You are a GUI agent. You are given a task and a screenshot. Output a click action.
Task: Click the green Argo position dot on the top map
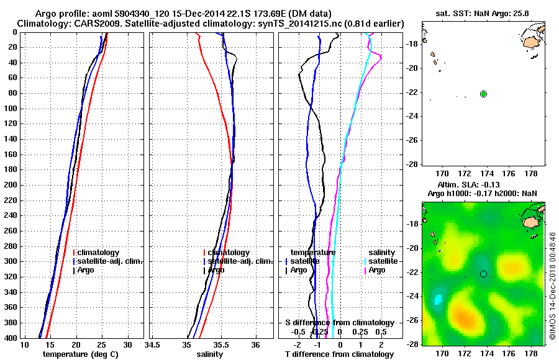click(x=483, y=94)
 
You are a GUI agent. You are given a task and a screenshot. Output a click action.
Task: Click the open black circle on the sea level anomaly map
click(x=483, y=274)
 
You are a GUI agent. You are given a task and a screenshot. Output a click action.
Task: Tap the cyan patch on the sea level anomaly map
click(x=439, y=300)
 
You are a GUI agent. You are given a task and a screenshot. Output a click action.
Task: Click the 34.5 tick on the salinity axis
click(x=152, y=344)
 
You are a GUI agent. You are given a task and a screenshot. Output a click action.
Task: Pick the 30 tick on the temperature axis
click(x=127, y=344)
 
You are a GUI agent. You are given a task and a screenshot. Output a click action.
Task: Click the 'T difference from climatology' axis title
click(x=339, y=354)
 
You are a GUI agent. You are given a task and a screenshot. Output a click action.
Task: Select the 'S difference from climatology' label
click(x=339, y=323)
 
